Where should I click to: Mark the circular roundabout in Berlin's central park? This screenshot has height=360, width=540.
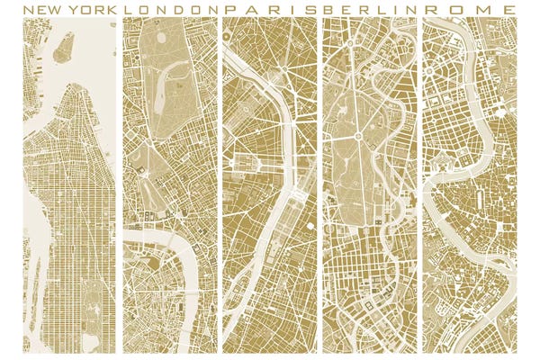[x=357, y=136]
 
